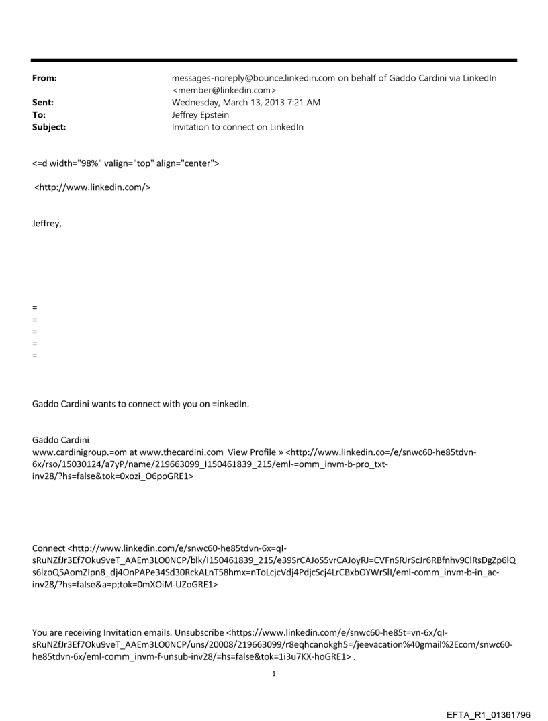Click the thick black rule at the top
[274, 60]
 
